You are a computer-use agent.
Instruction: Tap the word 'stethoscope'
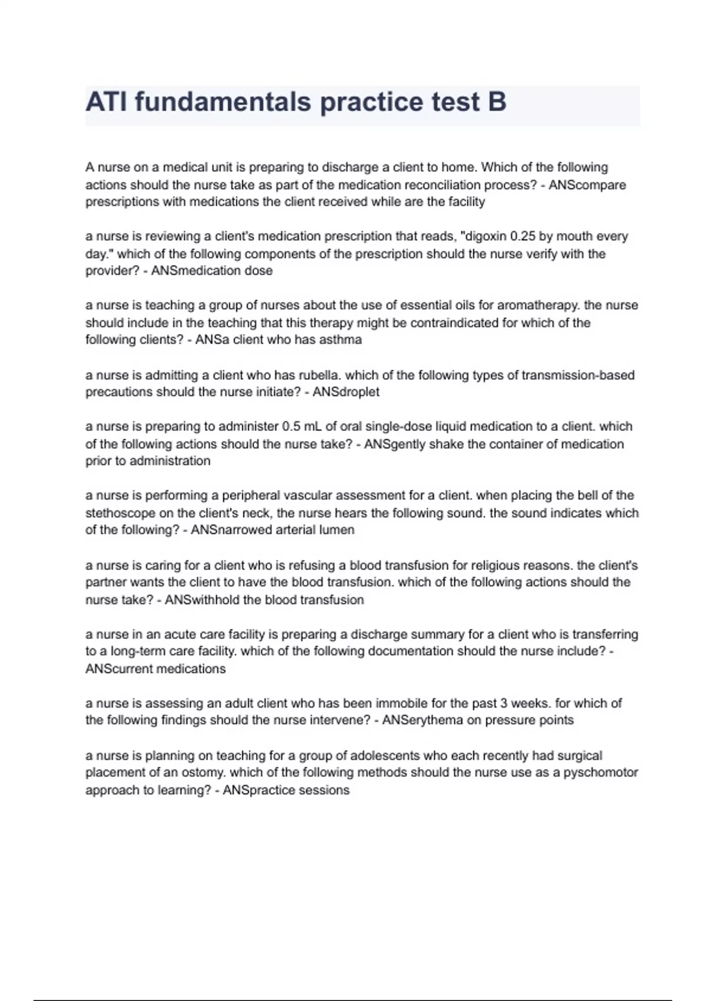(120, 513)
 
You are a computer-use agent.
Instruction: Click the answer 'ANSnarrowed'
(232, 530)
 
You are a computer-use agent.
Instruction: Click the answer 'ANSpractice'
(259, 790)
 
